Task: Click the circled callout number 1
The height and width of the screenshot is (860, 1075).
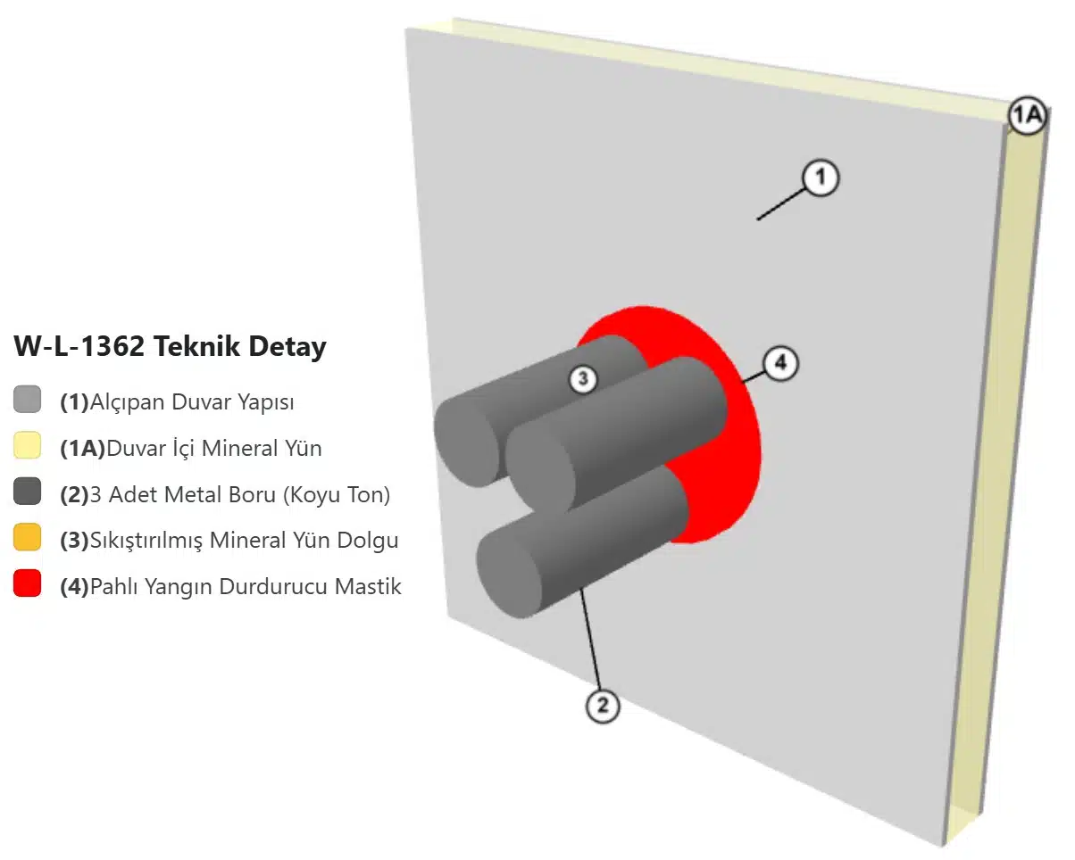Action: [821, 178]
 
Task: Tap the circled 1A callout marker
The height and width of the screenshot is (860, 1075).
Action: [1027, 115]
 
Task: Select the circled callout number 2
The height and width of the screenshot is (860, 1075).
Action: [603, 706]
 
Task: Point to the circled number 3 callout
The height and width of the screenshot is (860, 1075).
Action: [583, 379]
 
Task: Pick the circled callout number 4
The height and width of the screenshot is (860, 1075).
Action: [780, 363]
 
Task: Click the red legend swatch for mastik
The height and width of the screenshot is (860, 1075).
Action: [28, 583]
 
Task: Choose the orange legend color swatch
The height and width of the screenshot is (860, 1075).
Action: [28, 537]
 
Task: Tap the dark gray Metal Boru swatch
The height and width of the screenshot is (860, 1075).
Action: [28, 492]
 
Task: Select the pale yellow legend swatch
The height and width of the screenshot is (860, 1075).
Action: [28, 445]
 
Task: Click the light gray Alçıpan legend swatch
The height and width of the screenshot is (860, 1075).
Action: [28, 399]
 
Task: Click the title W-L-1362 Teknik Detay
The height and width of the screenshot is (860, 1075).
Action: [170, 346]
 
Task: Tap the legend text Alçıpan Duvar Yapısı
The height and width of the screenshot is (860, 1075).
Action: [192, 402]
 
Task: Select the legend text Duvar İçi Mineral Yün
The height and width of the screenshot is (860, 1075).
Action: [214, 448]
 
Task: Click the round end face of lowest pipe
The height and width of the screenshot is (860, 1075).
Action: [509, 580]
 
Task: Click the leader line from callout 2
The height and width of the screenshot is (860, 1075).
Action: [590, 640]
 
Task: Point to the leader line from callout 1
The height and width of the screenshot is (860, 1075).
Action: [781, 203]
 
